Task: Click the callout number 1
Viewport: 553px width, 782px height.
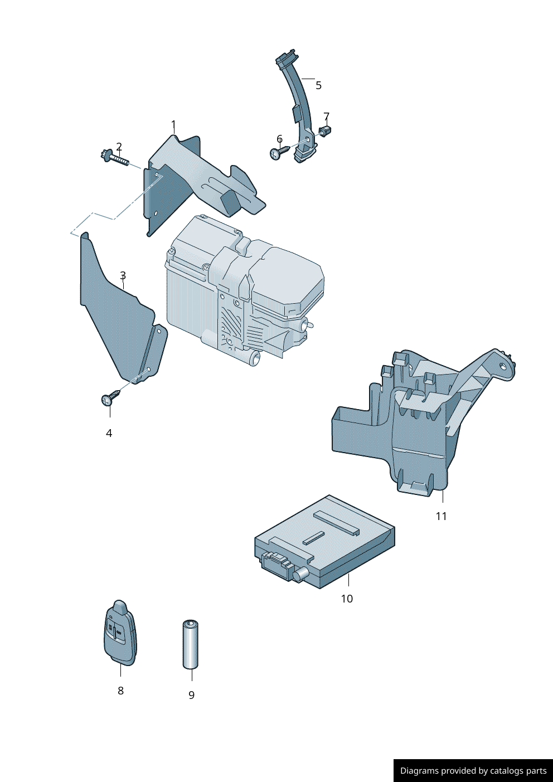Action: [173, 125]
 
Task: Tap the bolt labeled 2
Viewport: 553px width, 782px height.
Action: [115, 158]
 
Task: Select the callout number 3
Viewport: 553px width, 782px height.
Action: [123, 275]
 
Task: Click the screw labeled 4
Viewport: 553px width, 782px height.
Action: [110, 397]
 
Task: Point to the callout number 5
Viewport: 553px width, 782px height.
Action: [318, 85]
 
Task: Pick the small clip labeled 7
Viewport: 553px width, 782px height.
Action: [325, 132]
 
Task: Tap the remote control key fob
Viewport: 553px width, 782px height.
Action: [120, 634]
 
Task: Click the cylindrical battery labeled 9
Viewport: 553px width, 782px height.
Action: [191, 644]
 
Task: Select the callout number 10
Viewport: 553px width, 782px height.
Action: [347, 599]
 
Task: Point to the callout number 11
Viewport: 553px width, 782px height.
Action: [441, 516]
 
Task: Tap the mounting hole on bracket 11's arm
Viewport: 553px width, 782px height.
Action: [503, 366]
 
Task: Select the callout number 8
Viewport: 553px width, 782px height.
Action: [120, 691]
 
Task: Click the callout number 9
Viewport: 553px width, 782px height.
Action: [191, 695]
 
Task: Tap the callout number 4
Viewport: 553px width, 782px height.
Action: [109, 433]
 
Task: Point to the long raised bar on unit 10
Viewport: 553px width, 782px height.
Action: [336, 523]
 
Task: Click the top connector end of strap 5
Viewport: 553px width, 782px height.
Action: [285, 57]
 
